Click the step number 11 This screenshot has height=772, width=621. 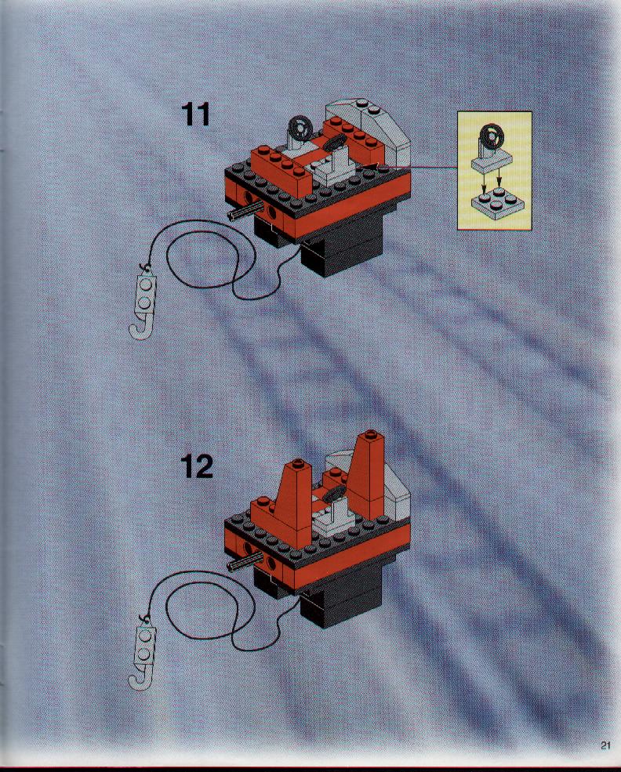196,114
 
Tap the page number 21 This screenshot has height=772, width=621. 605,745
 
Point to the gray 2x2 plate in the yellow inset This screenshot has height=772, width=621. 495,202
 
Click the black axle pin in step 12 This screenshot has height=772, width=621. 245,562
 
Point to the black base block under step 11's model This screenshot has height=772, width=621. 340,246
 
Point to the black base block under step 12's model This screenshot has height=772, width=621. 340,598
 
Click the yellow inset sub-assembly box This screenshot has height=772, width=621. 495,170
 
